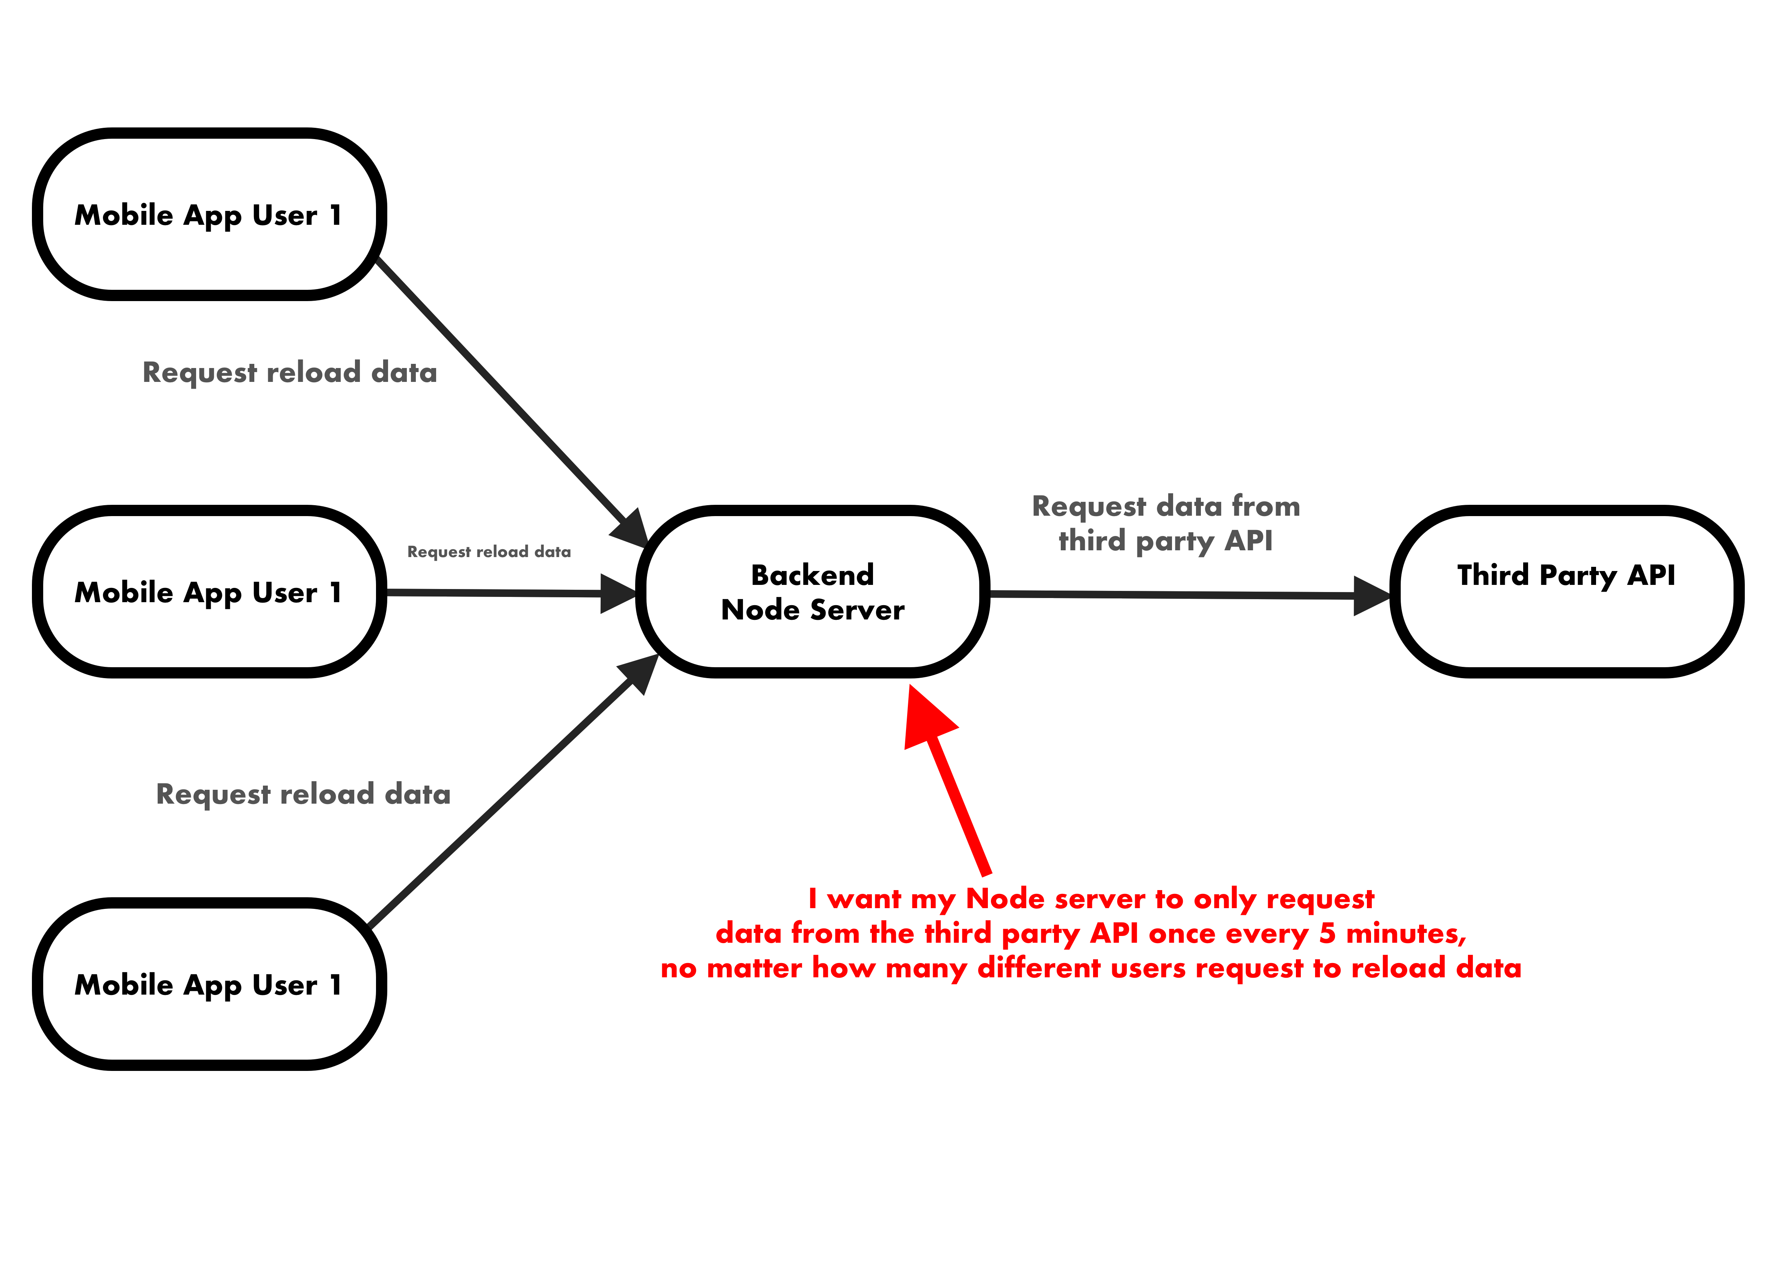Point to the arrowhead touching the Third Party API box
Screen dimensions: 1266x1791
(x=1371, y=595)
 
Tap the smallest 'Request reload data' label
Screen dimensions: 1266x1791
(x=489, y=552)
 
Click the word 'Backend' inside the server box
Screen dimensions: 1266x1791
(x=812, y=575)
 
